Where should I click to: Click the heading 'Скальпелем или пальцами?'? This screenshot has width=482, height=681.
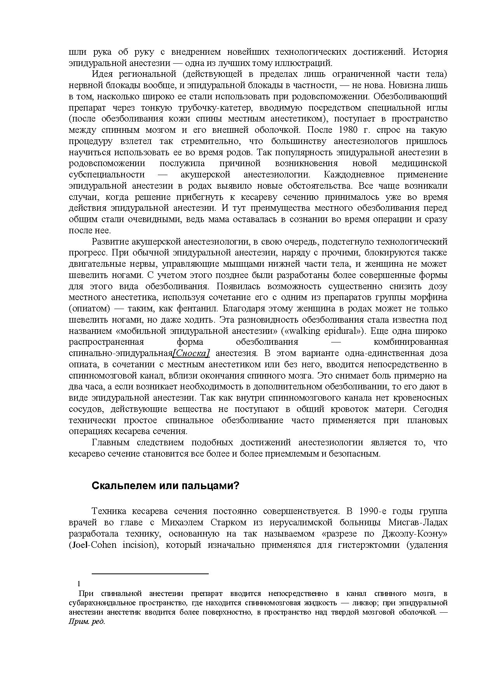(x=166, y=486)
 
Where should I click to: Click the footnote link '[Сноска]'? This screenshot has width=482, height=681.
(x=191, y=353)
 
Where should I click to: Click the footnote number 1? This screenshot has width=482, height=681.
(x=79, y=584)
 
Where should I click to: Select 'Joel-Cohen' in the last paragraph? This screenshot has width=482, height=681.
(x=93, y=545)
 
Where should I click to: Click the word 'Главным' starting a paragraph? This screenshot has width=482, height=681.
(x=110, y=443)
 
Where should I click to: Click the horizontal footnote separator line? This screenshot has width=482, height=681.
(x=150, y=573)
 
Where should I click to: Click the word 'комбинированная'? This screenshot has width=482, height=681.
(x=410, y=342)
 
